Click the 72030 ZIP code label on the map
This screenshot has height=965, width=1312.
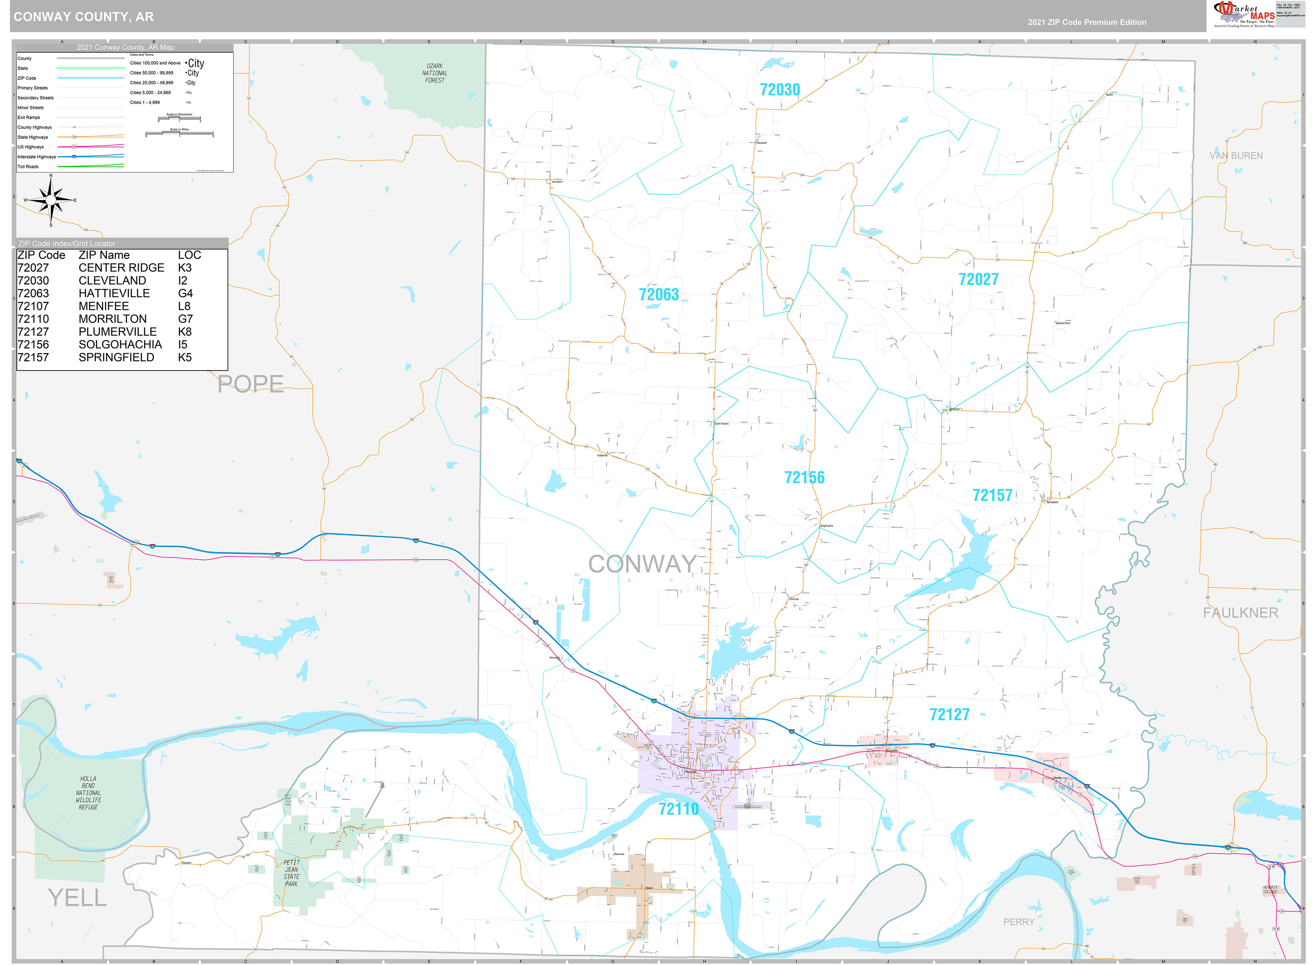pos(779,90)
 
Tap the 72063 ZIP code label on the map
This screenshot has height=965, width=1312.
pos(659,294)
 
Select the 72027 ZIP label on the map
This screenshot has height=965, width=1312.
pos(978,279)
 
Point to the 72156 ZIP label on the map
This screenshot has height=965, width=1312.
pos(804,477)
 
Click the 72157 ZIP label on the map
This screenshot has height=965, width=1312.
pos(992,495)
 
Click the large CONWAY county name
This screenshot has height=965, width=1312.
pos(642,564)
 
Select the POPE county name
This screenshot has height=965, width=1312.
pos(250,384)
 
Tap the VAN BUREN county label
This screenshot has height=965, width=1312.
pos(1236,156)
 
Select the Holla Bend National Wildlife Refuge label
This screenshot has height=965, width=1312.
pos(88,793)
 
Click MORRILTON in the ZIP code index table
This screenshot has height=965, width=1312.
pos(113,319)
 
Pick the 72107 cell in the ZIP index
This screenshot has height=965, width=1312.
pos(33,306)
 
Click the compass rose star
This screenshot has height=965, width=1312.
pos(51,200)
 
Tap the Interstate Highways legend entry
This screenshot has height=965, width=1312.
pos(37,157)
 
